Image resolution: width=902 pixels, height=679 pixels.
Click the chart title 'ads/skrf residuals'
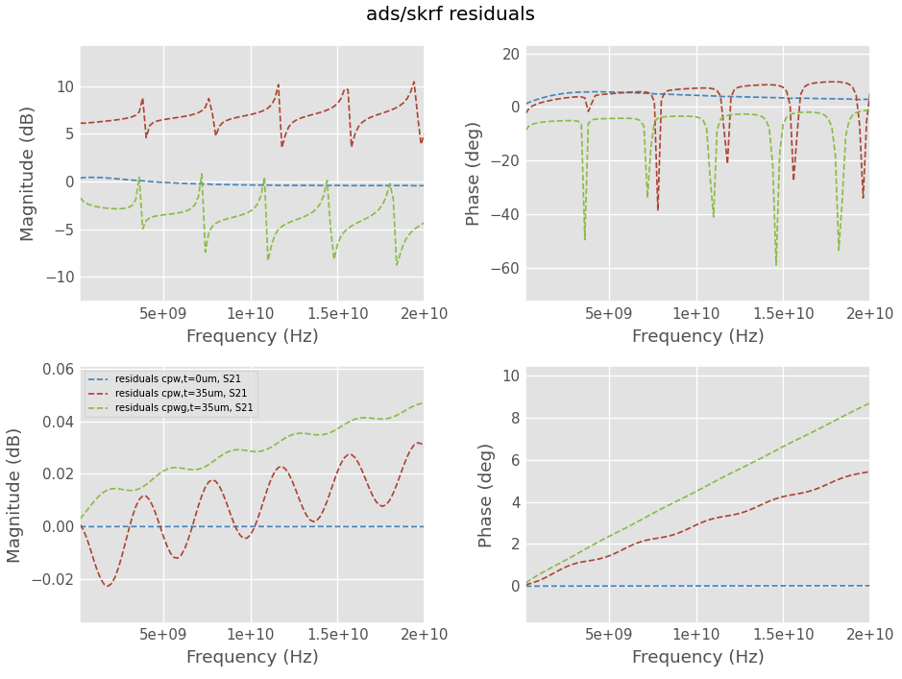coord(451,14)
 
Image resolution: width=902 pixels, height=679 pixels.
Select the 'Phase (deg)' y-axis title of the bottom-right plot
coord(487,496)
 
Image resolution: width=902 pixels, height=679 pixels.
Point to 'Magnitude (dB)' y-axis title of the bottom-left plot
coord(14,496)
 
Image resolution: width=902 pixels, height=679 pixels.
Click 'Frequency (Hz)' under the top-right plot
coord(697,336)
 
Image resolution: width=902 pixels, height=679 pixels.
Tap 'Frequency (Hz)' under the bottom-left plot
coord(252,657)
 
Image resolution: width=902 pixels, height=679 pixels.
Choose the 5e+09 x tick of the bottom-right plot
coord(609,635)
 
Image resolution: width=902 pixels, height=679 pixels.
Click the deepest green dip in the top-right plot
coord(776,264)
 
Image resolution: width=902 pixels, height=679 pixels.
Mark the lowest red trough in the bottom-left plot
coord(108,586)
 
